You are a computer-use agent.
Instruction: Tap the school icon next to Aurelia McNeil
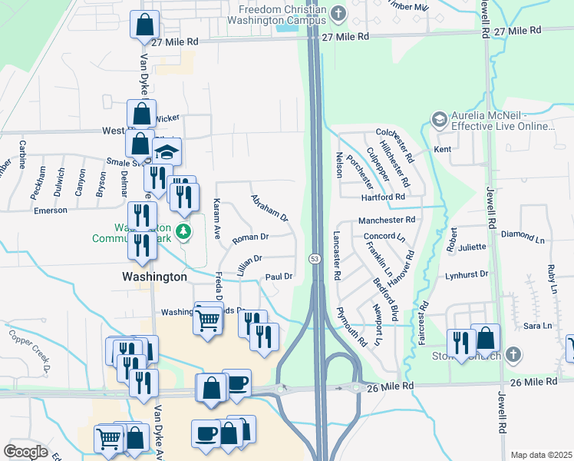[x=439, y=119]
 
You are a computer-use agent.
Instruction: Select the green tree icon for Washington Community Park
[x=183, y=230]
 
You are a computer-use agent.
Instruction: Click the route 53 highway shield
[x=315, y=259]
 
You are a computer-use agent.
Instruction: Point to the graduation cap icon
[x=165, y=151]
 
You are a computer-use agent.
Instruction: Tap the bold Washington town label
[x=154, y=276]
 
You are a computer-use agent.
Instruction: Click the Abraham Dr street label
[x=269, y=207]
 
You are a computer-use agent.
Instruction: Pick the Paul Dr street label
[x=279, y=277]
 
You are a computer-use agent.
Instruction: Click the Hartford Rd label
[x=383, y=197]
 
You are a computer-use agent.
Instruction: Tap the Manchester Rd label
[x=386, y=220]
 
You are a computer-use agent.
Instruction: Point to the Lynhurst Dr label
[x=467, y=274]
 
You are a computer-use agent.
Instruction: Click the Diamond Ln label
[x=522, y=234]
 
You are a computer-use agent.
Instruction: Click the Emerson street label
[x=51, y=211]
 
